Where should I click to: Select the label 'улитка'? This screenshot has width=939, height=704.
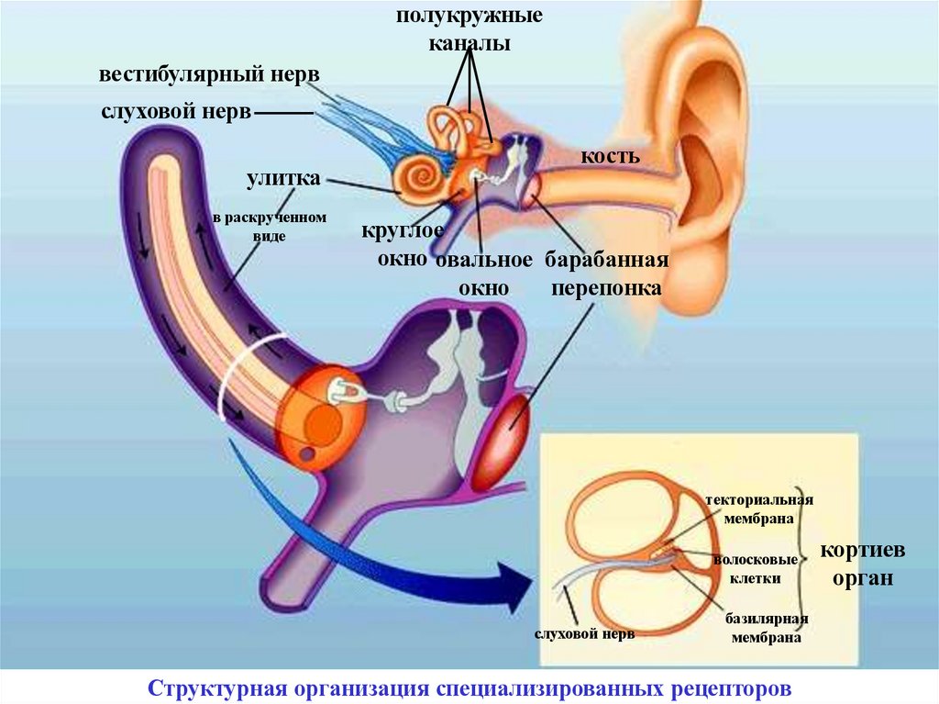pyautogui.click(x=282, y=178)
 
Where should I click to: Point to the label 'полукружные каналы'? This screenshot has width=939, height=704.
pyautogui.click(x=469, y=29)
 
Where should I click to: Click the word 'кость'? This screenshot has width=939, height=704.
pyautogui.click(x=609, y=156)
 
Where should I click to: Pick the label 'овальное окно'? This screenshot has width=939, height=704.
pyautogui.click(x=483, y=273)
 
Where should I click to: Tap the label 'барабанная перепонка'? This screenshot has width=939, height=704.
pyautogui.click(x=606, y=273)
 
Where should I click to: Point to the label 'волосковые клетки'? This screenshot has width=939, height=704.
pyautogui.click(x=755, y=568)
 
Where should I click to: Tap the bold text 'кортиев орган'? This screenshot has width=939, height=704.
pyautogui.click(x=862, y=564)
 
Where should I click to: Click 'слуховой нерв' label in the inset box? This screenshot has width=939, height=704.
pyautogui.click(x=584, y=634)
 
